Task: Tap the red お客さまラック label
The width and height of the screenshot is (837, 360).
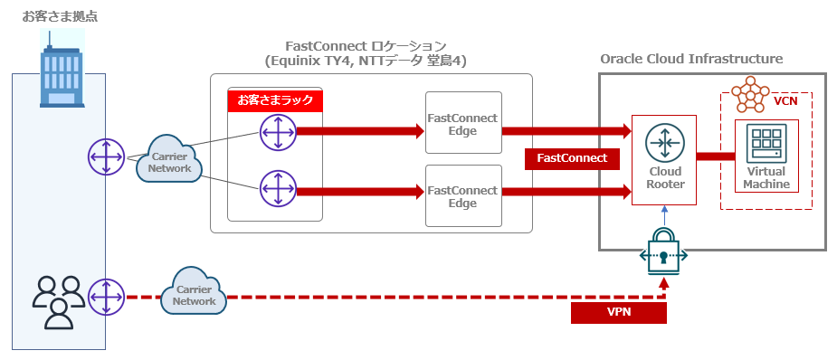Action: coord(275,100)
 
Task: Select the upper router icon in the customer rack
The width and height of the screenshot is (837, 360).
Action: coord(275,133)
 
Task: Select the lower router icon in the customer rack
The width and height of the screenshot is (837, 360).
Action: coord(275,190)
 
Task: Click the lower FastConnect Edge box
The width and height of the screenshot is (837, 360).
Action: coord(462,196)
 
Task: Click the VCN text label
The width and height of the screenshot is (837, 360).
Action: coord(786,102)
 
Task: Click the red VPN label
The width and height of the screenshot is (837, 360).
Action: coord(619,313)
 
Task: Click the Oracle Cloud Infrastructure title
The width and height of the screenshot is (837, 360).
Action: coord(691,59)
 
